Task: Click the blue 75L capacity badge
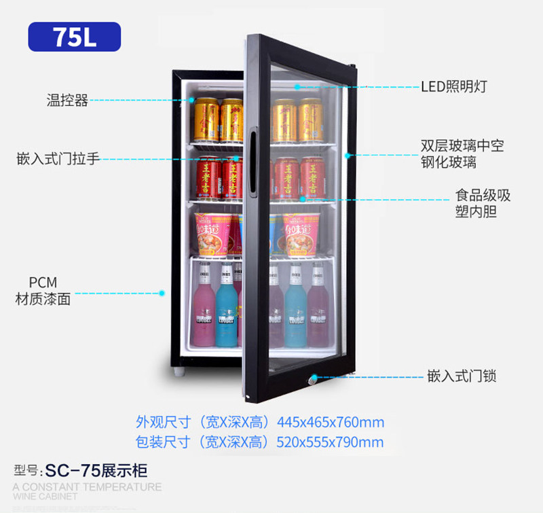(74, 37)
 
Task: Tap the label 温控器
(67, 101)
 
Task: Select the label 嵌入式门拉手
(58, 159)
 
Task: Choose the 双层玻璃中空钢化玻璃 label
(462, 154)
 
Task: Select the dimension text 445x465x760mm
(331, 422)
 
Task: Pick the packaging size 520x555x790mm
(331, 442)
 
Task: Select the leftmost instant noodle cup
(210, 234)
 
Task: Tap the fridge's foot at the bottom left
(178, 372)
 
